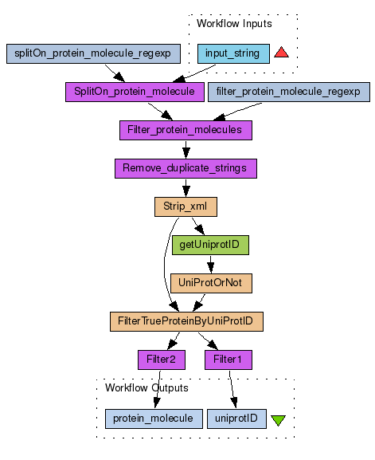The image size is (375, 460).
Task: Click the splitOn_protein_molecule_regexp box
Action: pyautogui.click(x=93, y=53)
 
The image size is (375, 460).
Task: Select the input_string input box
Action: pyautogui.click(x=233, y=53)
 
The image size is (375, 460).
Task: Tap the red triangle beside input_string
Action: pyautogui.click(x=282, y=53)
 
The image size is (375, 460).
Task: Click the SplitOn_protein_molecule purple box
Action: pyautogui.click(x=135, y=92)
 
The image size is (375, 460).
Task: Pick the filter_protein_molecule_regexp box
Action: pyautogui.click(x=289, y=92)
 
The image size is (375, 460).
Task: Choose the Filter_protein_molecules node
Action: pyautogui.click(x=186, y=130)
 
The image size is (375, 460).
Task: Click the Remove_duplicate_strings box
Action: pyautogui.click(x=186, y=169)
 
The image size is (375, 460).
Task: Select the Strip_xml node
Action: pyautogui.click(x=186, y=206)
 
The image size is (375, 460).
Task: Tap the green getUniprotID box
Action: pyautogui.click(x=210, y=245)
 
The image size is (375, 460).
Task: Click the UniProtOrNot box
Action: pyautogui.click(x=211, y=283)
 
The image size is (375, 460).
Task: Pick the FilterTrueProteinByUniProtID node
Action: pyautogui.click(x=186, y=321)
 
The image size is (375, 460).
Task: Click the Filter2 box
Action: pyautogui.click(x=162, y=360)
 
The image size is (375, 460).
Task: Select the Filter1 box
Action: pyautogui.click(x=229, y=360)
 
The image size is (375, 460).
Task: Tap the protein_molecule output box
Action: pyautogui.click(x=154, y=419)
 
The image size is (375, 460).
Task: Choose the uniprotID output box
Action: pyautogui.click(x=236, y=419)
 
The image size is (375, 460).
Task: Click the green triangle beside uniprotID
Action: pyautogui.click(x=278, y=420)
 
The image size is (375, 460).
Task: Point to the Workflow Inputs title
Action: pyautogui.click(x=234, y=24)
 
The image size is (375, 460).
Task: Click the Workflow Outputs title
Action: pyautogui.click(x=146, y=387)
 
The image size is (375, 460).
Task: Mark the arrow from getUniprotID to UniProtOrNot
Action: pyautogui.click(x=211, y=265)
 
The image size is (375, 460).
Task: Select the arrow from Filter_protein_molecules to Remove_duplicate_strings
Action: pyautogui.click(x=186, y=150)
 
